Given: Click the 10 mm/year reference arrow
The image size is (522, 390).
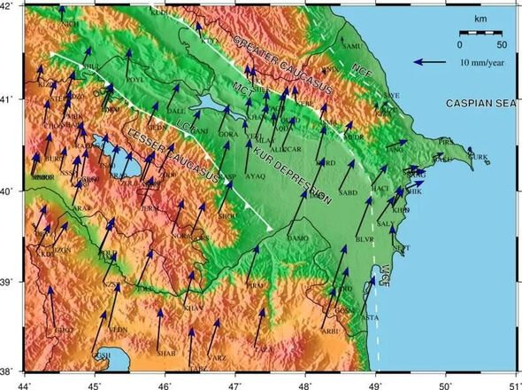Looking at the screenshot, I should pos(431,62).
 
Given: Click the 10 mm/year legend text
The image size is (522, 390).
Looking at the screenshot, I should pos(481,62).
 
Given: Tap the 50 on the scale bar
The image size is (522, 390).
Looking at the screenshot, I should pos(501,43).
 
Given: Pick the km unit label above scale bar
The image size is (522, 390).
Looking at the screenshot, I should pos(479,18).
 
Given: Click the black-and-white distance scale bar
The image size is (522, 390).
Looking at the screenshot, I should pos(480,32).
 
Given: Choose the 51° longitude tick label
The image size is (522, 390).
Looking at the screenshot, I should pos(513,383).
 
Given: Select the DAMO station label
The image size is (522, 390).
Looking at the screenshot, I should pos(297,238).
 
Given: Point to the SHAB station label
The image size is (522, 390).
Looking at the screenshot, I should pos(166,353).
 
